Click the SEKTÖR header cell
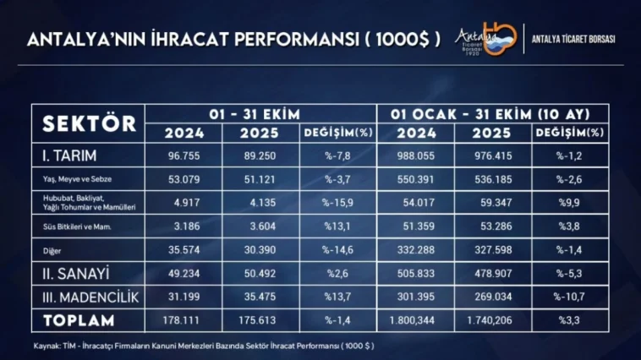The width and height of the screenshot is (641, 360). point(89,123)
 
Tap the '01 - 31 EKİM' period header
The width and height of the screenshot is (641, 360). point(260,113)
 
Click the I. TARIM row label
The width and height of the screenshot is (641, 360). point(69,155)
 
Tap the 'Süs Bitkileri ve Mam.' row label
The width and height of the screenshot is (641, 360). point(78,226)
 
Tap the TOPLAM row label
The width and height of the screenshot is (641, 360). point(78,320)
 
